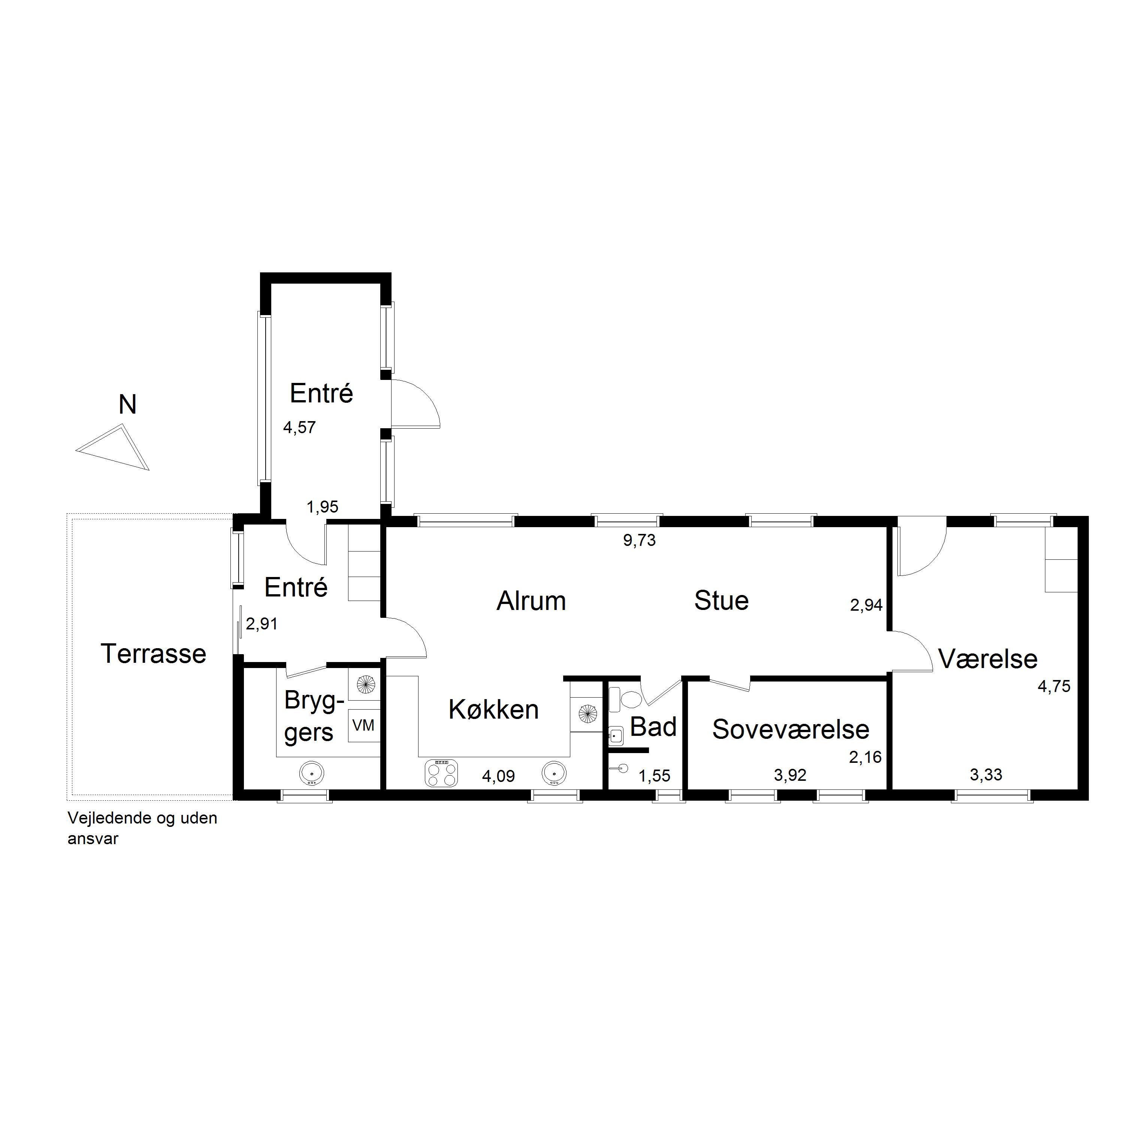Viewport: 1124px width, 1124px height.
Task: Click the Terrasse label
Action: (154, 654)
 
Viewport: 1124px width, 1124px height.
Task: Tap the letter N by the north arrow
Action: (127, 405)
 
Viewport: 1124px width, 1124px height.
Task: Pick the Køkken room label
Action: (493, 710)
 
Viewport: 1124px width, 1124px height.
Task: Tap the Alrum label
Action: (531, 601)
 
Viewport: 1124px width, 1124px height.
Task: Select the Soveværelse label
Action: (791, 729)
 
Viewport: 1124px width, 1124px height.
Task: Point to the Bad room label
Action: (653, 727)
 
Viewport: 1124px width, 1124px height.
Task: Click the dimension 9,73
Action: (640, 541)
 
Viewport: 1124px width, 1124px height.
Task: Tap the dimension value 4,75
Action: (1054, 686)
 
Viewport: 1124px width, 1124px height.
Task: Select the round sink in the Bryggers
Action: (312, 774)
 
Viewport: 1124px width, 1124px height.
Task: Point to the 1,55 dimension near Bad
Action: (655, 776)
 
